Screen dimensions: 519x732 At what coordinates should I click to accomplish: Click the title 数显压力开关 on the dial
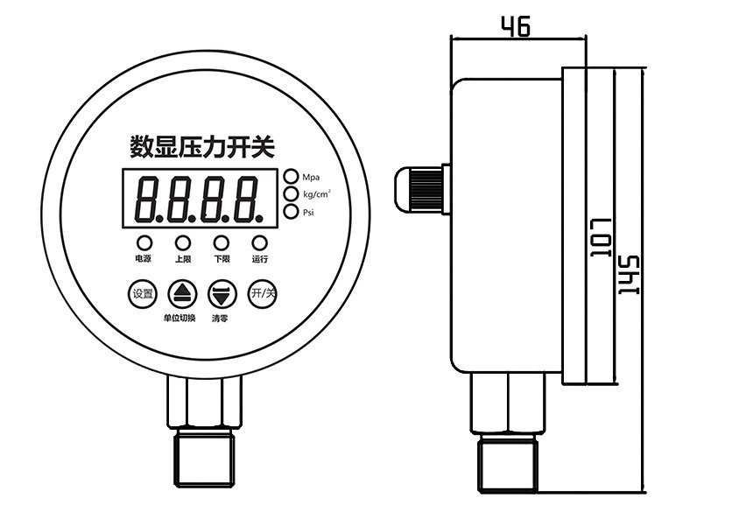point(201,144)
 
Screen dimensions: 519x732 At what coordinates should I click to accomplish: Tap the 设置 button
point(142,293)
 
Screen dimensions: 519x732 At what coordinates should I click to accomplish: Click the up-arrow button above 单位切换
point(181,293)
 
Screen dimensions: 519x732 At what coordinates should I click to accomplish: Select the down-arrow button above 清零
point(221,293)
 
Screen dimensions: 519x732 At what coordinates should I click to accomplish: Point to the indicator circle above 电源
point(142,242)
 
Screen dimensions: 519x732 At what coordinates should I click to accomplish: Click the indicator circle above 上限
point(182,242)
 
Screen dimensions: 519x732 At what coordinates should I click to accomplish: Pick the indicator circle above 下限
point(222,242)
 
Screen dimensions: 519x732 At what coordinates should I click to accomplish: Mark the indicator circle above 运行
point(259,242)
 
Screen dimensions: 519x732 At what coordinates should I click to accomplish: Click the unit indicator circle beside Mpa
point(290,176)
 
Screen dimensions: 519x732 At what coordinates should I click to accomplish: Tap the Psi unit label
point(308,212)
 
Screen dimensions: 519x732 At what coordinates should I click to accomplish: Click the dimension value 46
point(516,27)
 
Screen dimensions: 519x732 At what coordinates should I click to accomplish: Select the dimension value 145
point(628,277)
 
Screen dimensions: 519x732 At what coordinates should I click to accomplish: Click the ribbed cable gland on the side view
point(424,187)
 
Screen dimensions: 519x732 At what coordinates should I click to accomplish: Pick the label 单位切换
point(179,318)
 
